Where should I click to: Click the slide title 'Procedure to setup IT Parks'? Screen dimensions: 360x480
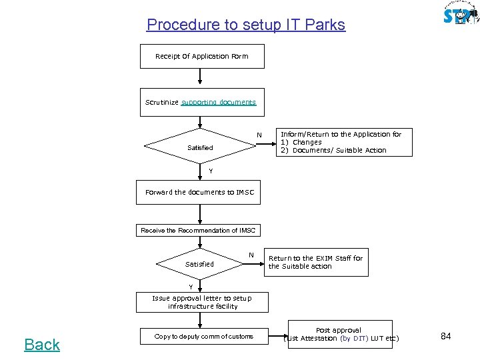[245, 25]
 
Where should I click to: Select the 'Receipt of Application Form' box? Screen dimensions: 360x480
[201, 57]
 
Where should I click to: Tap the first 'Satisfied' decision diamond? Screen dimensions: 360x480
[200, 147]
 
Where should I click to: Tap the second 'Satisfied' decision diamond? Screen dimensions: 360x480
[199, 264]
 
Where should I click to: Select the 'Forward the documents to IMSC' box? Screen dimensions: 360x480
[199, 193]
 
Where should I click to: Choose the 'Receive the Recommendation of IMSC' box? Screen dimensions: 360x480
[198, 231]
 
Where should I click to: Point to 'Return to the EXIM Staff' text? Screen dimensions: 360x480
[315, 262]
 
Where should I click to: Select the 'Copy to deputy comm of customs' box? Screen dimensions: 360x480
[203, 337]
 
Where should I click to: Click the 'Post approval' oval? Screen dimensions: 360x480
[339, 335]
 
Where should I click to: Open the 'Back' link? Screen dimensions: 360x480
[42, 345]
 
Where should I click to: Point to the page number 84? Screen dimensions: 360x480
[446, 337]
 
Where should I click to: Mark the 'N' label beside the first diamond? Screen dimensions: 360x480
[259, 137]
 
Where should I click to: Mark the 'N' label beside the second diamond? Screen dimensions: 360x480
[251, 255]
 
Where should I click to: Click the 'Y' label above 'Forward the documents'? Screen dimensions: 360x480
[211, 171]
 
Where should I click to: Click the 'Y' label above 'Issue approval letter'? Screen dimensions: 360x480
[190, 287]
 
